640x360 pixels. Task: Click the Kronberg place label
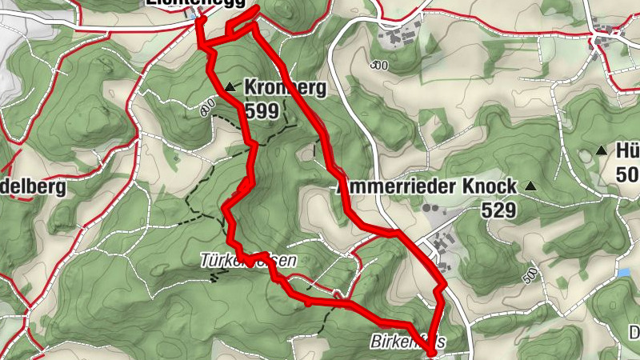284,86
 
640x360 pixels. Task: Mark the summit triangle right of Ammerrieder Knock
530,186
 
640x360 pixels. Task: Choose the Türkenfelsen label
248,261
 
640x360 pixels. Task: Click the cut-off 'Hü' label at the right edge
626,151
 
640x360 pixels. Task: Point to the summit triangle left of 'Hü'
602,150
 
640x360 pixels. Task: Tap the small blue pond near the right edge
624,274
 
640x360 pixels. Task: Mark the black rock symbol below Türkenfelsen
214,277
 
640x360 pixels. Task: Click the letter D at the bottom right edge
634,330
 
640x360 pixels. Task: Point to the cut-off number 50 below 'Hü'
628,174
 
